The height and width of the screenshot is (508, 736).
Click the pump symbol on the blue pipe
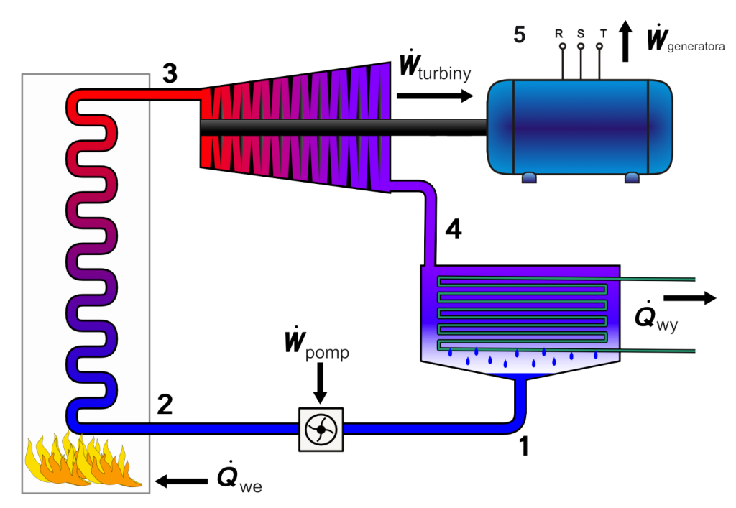[321, 430]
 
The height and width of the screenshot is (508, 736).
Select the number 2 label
[165, 406]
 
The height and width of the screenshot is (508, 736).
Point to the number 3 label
[170, 73]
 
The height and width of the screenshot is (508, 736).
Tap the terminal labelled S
[581, 45]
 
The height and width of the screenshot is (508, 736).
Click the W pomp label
[316, 349]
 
